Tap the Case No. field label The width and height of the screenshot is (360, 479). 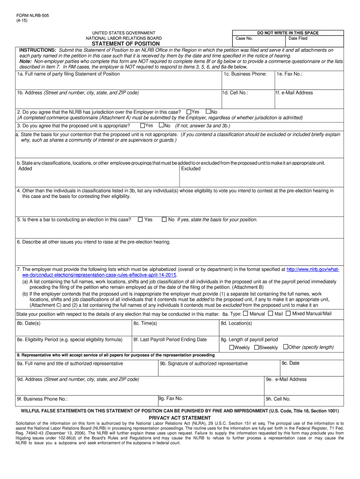coord(244,38)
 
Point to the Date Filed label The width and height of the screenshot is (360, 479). coord(298,38)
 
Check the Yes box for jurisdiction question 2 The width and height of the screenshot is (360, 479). coord(189,112)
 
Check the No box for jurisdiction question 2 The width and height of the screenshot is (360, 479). coord(209,112)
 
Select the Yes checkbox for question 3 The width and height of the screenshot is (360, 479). coord(143,125)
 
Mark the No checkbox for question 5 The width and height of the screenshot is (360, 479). coord(164,219)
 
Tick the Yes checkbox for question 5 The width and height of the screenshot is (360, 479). coord(140,219)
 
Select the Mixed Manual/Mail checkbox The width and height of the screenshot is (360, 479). coord(288,313)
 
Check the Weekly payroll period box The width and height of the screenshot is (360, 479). coord(231,348)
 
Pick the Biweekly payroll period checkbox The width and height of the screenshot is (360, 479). coord(256,348)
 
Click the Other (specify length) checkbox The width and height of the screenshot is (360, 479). coord(286,347)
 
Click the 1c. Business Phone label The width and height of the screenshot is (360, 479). coord(245,74)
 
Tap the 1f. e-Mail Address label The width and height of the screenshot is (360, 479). coord(294,93)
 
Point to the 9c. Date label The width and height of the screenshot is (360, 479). coord(290,363)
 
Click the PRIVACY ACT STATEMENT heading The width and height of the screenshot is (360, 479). coord(180,418)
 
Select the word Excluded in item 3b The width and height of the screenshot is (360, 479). coord(191,168)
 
